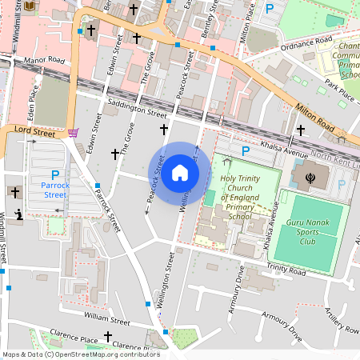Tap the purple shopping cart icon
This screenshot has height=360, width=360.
coord(74,133)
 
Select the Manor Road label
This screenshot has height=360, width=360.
coord(43,59)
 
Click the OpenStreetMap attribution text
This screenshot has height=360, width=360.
coord(80,354)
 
